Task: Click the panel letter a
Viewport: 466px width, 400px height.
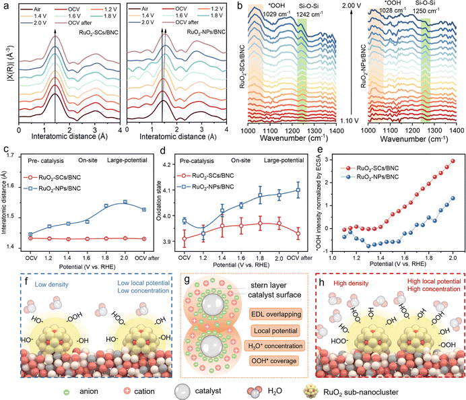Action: [5, 7]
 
